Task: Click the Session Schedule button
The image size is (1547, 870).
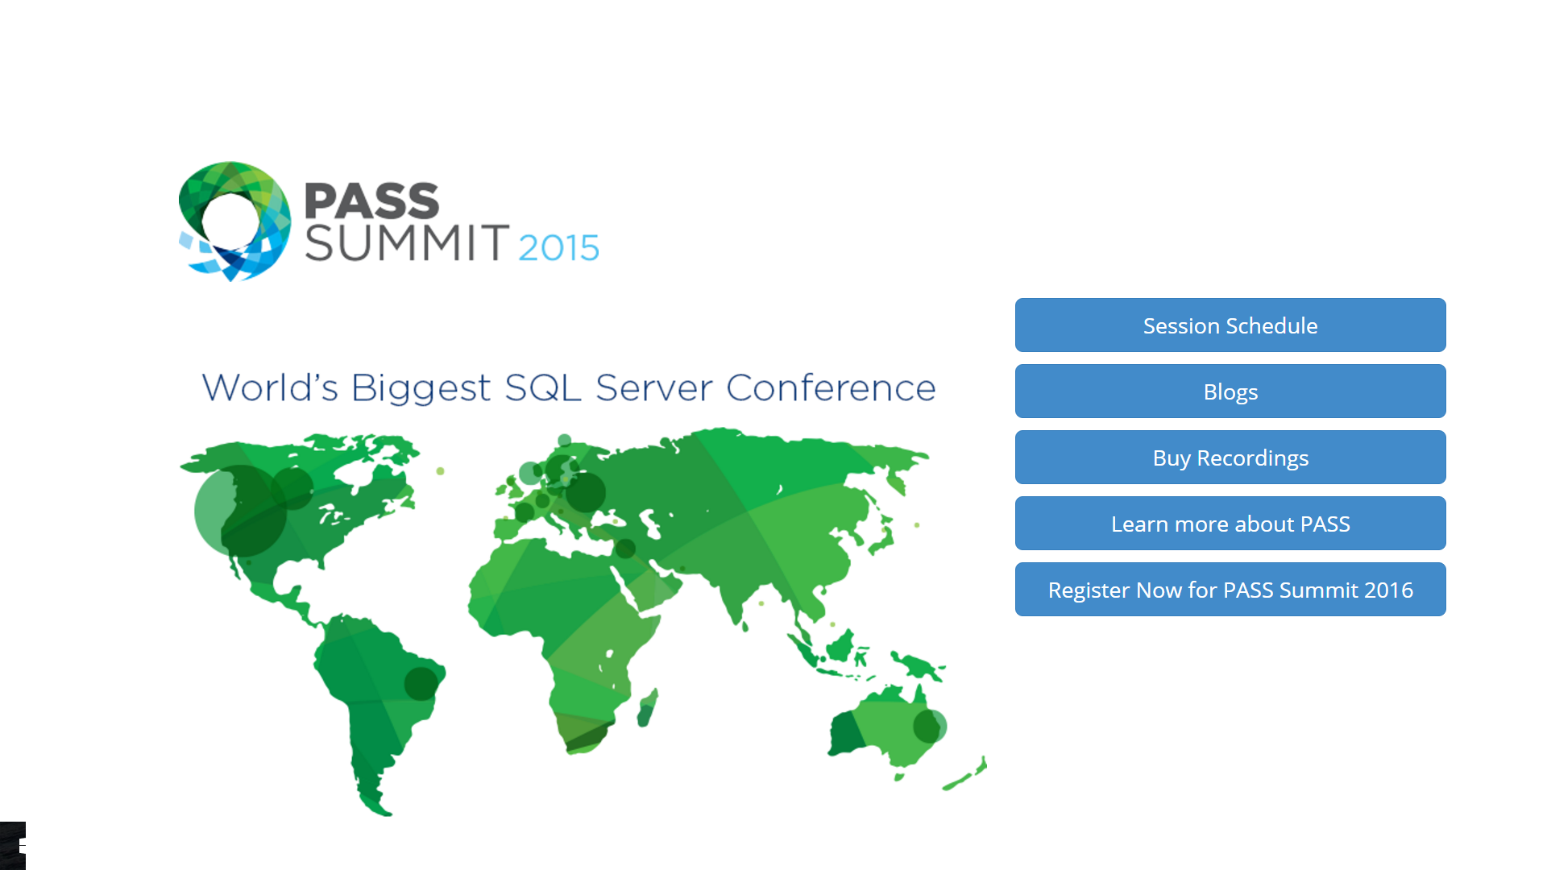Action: click(x=1230, y=325)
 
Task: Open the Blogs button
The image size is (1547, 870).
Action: click(x=1230, y=391)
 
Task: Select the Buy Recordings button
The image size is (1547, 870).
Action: click(x=1230, y=458)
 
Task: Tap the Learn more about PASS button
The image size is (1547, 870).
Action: click(x=1230, y=524)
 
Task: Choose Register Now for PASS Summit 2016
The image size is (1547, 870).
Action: click(x=1230, y=590)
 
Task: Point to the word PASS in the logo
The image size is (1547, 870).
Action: click(x=371, y=201)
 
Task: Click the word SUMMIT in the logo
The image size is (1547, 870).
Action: click(x=407, y=243)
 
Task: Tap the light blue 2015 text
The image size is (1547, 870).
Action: click(x=558, y=247)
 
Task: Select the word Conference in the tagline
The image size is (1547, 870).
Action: click(x=831, y=388)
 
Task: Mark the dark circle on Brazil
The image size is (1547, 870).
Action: click(x=421, y=684)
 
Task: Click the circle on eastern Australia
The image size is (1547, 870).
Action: click(x=930, y=726)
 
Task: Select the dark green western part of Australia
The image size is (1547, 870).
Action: click(x=845, y=733)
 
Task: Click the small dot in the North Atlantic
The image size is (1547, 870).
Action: click(x=441, y=470)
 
